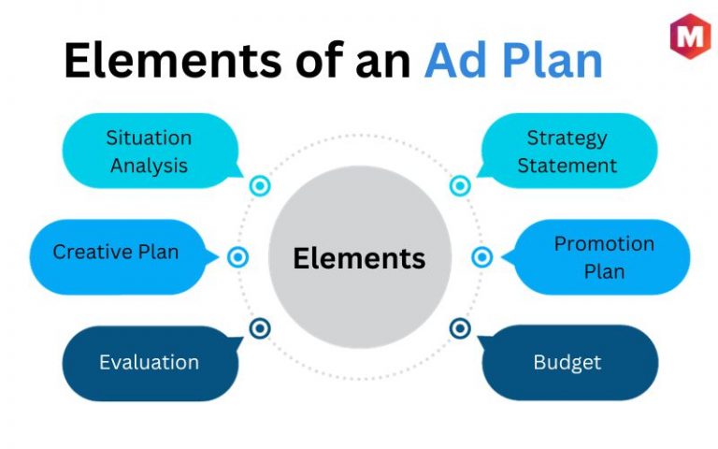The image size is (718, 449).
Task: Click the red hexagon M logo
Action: (x=690, y=36)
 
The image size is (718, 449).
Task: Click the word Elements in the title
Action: (x=173, y=60)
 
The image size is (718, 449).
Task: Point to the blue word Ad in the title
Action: (x=455, y=60)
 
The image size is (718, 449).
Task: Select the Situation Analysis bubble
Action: (x=151, y=151)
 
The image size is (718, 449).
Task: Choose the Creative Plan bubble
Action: (x=122, y=256)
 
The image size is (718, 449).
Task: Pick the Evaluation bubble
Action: (x=151, y=363)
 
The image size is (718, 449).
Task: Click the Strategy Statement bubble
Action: (x=567, y=151)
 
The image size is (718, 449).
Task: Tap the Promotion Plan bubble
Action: (x=596, y=256)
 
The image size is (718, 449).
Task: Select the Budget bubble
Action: (x=568, y=362)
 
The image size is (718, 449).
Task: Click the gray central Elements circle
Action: (x=360, y=257)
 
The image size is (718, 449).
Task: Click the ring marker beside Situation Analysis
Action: (x=260, y=186)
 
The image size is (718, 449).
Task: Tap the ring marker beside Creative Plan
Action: (x=237, y=257)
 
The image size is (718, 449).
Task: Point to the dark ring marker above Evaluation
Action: (x=260, y=328)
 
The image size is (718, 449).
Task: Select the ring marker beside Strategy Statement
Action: (x=460, y=186)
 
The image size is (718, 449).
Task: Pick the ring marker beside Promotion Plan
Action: (x=482, y=257)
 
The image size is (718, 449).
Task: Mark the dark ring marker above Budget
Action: (x=460, y=328)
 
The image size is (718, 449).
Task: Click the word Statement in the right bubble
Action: (x=567, y=166)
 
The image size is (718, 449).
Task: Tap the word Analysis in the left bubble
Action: (x=150, y=166)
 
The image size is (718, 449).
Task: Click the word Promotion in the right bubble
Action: (x=605, y=244)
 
